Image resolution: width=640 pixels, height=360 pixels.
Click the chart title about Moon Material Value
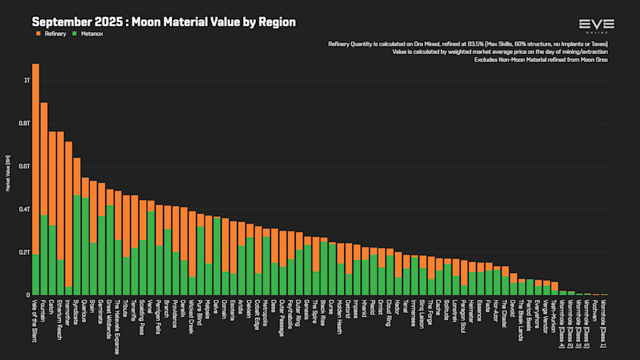(164, 22)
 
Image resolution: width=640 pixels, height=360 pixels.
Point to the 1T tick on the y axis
(27, 80)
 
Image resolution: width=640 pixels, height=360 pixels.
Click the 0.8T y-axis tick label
(26, 123)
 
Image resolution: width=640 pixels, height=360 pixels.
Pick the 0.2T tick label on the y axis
(26, 252)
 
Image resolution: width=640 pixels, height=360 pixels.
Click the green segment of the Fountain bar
(44, 255)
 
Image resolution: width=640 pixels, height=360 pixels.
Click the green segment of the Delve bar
(217, 256)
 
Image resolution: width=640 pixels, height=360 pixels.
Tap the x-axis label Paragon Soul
(464, 316)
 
